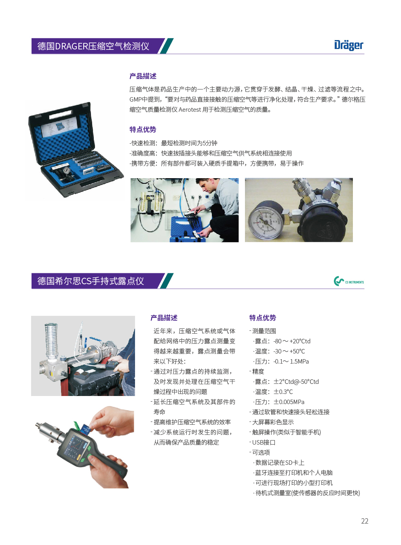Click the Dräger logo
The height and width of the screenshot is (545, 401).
click(348, 45)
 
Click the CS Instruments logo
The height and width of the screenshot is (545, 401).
click(348, 281)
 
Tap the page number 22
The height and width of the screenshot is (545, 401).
click(365, 521)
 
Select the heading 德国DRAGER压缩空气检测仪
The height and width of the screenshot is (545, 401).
click(93, 46)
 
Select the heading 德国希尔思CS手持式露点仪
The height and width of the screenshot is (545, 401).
click(91, 281)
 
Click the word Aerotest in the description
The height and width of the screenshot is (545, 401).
click(190, 110)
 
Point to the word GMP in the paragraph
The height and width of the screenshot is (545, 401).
click(135, 100)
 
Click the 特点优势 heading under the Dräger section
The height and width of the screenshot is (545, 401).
click(143, 130)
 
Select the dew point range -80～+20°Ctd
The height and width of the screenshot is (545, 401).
click(292, 341)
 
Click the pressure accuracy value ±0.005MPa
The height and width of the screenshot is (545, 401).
click(289, 402)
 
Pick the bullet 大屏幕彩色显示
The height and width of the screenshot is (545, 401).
click(272, 422)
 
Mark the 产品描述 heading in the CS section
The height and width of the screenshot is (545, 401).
click(164, 318)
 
